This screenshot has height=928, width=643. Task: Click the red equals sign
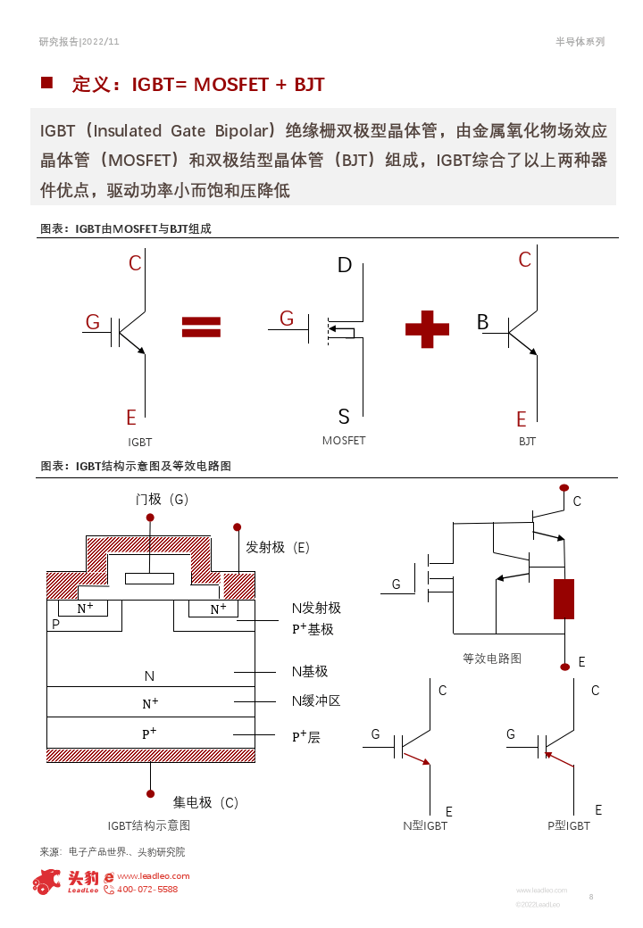201,327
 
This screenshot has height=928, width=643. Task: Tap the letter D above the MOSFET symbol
345,265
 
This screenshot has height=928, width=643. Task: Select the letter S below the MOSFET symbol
344,416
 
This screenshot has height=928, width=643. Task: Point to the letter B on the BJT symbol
482,322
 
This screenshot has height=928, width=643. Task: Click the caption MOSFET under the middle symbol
344,441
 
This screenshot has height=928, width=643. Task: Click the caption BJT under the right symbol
527,442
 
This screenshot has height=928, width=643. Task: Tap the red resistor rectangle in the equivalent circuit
564,599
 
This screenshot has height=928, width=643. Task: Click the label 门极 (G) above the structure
163,499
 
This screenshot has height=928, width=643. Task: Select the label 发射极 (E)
278,547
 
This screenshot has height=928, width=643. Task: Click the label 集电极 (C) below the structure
205,802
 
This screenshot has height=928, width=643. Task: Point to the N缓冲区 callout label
316,700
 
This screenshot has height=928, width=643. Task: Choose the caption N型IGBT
425,826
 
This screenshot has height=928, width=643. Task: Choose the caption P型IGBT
569,826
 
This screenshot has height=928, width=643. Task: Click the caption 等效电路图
492,659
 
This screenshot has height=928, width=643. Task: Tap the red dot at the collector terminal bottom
149,791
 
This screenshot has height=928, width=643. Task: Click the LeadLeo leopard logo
46,882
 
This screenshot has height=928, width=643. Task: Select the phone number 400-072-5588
147,890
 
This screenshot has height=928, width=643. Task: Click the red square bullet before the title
46,83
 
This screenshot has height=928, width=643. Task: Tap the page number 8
591,896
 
